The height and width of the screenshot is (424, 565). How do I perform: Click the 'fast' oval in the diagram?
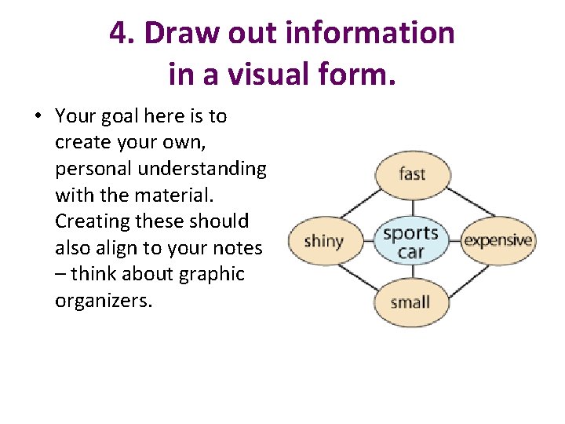411,174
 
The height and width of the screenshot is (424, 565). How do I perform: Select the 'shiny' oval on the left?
324,239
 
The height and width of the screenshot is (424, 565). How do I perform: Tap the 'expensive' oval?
498,239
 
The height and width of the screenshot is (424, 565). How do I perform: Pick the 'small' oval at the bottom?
410,302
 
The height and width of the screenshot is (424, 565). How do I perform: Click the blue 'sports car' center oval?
410,240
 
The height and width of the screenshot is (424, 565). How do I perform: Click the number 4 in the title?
118,33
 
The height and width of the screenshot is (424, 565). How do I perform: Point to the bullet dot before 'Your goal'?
37,116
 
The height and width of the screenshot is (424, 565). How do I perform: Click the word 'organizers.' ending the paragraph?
103,301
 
